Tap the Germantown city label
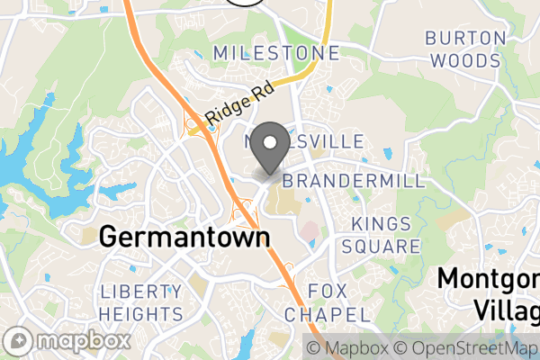point(184,237)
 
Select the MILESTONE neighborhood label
point(276,53)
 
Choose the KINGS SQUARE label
point(386,235)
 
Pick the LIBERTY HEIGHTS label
point(141,303)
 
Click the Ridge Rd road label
point(238,104)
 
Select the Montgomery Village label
point(490,292)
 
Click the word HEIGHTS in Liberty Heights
point(141,314)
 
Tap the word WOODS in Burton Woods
point(464,60)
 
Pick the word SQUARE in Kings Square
point(386,246)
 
